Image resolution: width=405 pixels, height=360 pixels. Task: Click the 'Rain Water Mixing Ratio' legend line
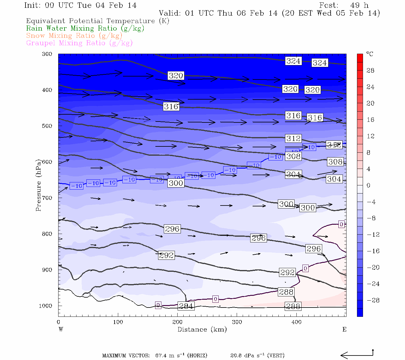[x=85, y=28]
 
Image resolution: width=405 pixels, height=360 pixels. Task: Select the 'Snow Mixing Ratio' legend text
[x=74, y=36]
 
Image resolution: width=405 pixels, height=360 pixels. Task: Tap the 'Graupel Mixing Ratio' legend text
[x=79, y=43]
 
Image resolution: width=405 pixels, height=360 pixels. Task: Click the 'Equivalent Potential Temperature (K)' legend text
[x=97, y=21]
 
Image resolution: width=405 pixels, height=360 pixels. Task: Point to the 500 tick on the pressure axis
[x=47, y=126]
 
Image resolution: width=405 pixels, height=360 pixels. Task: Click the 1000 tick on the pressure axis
[x=46, y=306]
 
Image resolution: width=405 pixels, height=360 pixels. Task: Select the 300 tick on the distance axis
[x=237, y=322]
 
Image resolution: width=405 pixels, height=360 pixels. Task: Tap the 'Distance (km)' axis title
[x=202, y=329]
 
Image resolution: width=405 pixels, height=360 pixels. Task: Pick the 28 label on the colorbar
[x=370, y=70]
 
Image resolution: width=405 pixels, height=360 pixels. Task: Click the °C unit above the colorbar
[x=370, y=54]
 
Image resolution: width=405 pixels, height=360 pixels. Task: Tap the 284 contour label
[x=186, y=306]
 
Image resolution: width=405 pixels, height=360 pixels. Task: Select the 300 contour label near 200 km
[x=176, y=183]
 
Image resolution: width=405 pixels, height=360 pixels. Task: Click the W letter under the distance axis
[x=61, y=329]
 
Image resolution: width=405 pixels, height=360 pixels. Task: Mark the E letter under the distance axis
[x=344, y=329]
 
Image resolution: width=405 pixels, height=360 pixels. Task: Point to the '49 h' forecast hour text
[x=359, y=5]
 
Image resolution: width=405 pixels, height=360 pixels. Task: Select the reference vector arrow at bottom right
[x=357, y=355]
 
